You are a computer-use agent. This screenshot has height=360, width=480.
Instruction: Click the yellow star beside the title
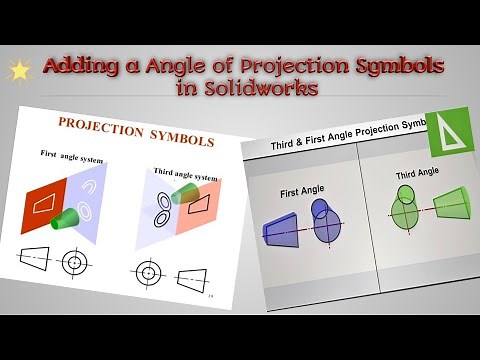19,71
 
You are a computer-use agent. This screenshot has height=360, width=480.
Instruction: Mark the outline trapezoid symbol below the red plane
35,261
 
